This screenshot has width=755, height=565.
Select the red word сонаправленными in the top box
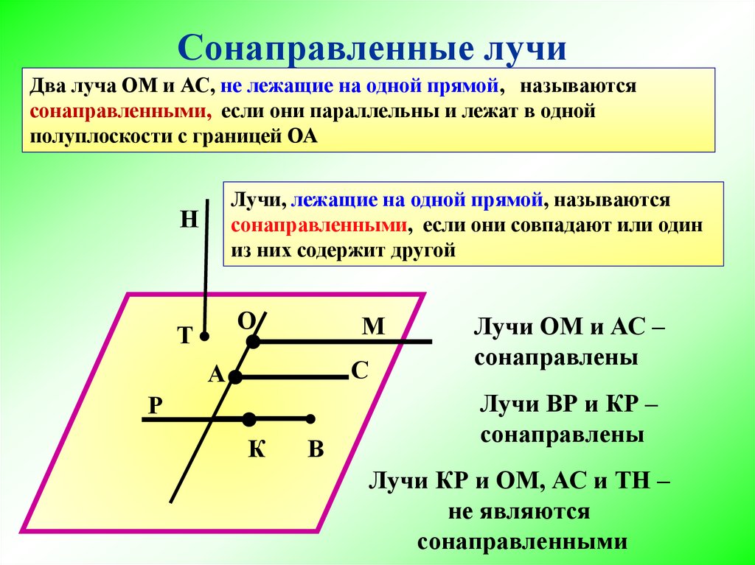pyautogui.click(x=116, y=112)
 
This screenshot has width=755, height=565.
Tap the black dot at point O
pyautogui.click(x=253, y=342)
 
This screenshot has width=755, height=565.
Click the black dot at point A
pyautogui.click(x=235, y=377)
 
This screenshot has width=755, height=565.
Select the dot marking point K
pyautogui.click(x=249, y=419)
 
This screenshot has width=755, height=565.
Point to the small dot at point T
pyautogui.click(x=206, y=337)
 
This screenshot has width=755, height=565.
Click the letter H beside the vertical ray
pyautogui.click(x=189, y=219)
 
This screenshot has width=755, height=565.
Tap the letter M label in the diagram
pyautogui.click(x=374, y=326)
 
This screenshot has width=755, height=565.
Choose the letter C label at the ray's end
pyautogui.click(x=359, y=370)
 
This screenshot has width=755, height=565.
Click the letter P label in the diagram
pyautogui.click(x=155, y=406)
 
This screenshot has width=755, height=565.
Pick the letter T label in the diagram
pyautogui.click(x=184, y=337)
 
